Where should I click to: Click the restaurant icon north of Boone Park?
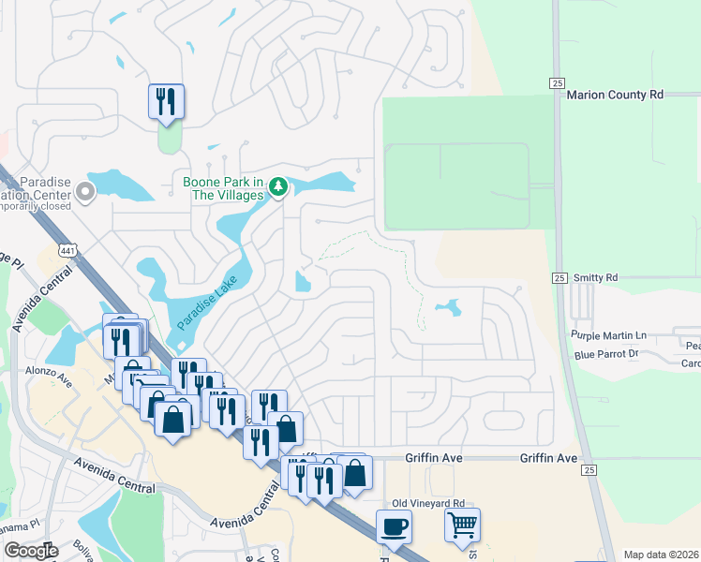[x=166, y=100]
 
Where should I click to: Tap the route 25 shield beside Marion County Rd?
[x=558, y=84]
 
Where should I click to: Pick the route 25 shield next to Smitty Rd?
[x=559, y=278]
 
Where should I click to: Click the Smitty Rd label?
[x=598, y=278]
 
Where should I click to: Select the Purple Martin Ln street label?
[x=609, y=335]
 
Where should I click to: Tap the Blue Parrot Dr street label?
[x=606, y=354]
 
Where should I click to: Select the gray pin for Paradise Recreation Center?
[x=85, y=194]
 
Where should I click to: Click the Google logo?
[x=31, y=551]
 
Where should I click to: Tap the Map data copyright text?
[x=661, y=555]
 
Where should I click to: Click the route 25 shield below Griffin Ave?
[x=588, y=469]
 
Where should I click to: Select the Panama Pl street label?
[x=19, y=525]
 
